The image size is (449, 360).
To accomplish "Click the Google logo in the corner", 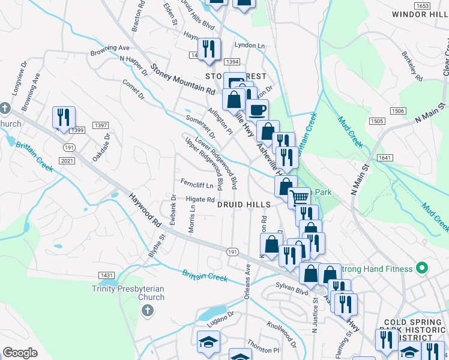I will [x=20, y=353].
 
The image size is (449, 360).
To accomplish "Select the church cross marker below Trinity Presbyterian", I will [x=147, y=310].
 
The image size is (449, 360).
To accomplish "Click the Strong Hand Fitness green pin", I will [x=422, y=268].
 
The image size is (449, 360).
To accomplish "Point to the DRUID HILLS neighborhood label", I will [x=243, y=205].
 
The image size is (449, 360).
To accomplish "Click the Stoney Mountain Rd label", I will [x=182, y=80].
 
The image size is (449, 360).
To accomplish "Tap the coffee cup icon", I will [x=257, y=110].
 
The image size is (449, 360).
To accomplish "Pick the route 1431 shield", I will [x=107, y=275].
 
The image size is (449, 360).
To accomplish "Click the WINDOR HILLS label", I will [x=420, y=14].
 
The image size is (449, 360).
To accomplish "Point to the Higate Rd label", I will [x=200, y=200].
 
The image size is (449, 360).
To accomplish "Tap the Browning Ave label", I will [x=110, y=49].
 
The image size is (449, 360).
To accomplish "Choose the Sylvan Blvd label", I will [x=293, y=290].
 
